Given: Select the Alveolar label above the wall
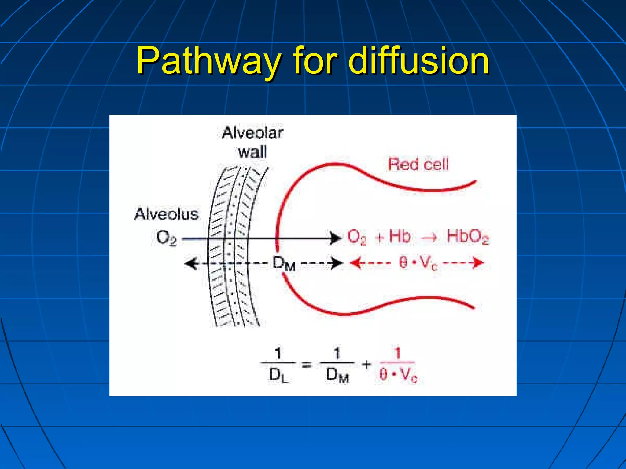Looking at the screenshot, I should (252, 133).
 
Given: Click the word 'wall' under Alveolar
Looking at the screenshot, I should (252, 152).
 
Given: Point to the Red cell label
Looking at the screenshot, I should (418, 164).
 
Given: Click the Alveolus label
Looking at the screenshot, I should (167, 214).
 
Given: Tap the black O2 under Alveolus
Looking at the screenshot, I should (166, 238).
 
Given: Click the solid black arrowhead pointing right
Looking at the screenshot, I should (336, 238).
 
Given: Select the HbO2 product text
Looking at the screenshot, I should (467, 237).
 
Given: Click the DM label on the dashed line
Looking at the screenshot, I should (284, 264).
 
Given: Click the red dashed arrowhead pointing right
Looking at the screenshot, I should (478, 263).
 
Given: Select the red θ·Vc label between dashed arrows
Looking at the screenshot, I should (418, 263).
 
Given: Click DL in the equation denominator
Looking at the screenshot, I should (278, 375).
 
